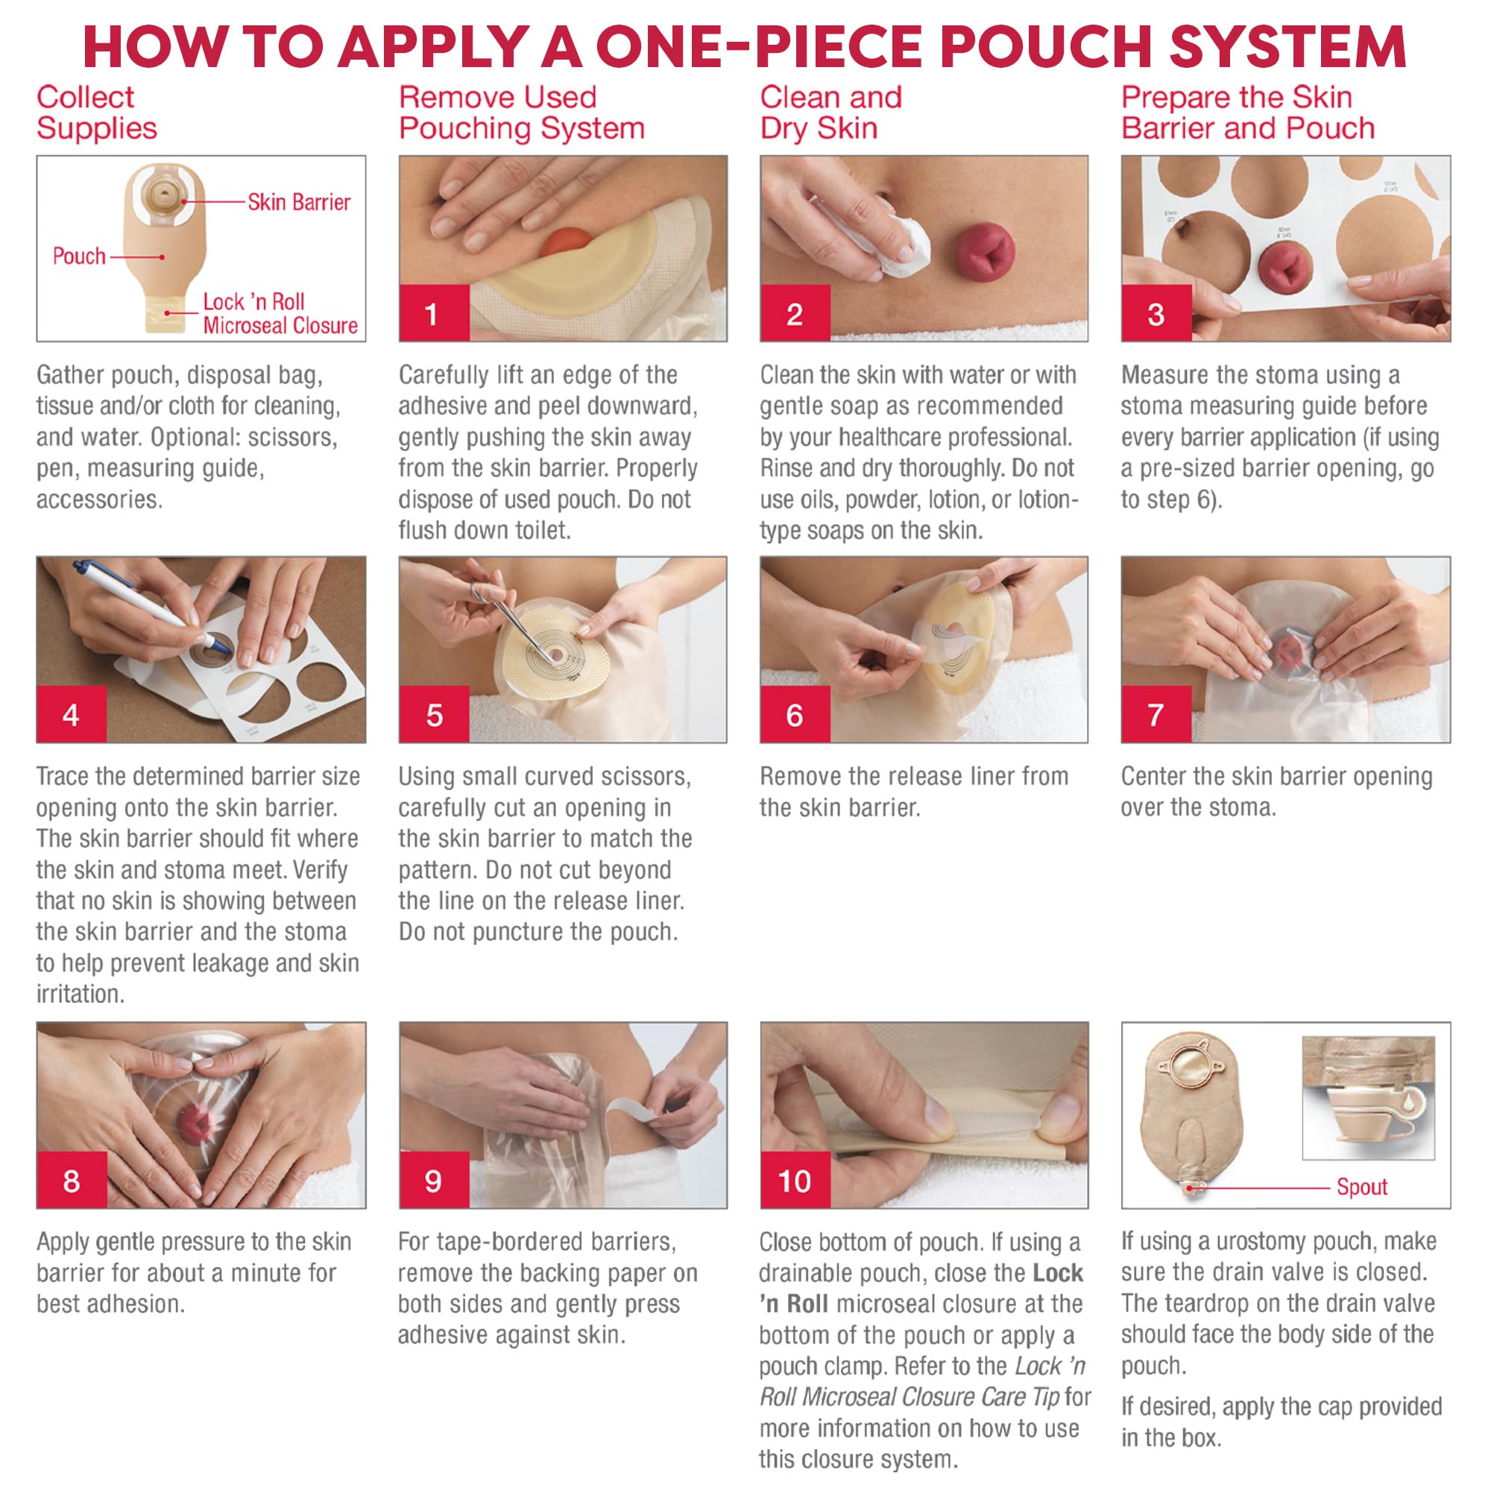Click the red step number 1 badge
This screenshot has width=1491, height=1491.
(434, 312)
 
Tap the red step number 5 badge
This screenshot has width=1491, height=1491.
(434, 714)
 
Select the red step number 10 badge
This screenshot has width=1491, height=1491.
(795, 1180)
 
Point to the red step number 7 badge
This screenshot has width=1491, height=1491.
(1156, 714)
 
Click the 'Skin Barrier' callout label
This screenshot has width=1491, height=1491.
(299, 202)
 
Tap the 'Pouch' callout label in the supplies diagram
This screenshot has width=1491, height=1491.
(79, 256)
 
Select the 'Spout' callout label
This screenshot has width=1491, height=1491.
(1362, 1186)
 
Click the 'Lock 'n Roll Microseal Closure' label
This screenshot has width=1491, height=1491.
(280, 313)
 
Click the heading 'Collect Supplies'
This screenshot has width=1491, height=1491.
(96, 113)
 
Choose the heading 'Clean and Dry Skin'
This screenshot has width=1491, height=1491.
(830, 113)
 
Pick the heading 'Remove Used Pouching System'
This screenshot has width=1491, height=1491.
(522, 113)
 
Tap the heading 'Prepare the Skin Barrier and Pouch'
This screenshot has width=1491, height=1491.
(1248, 113)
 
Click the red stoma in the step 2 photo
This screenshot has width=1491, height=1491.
(986, 250)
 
